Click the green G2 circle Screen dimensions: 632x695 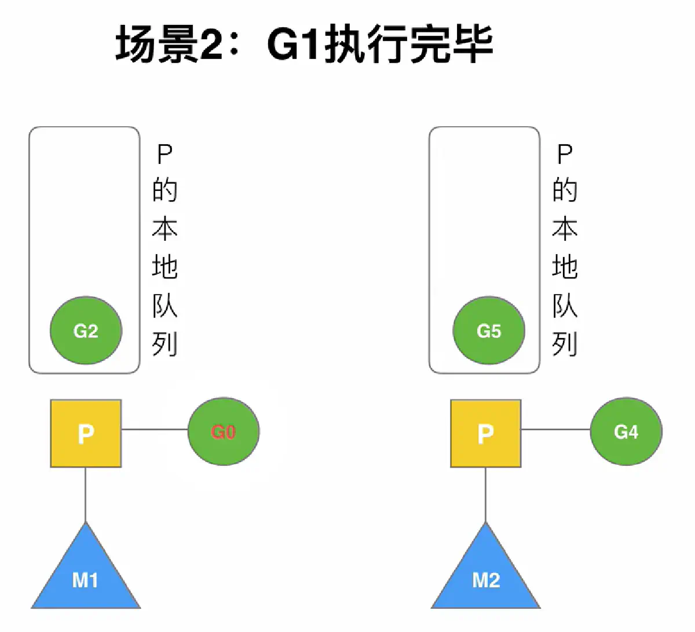(x=86, y=330)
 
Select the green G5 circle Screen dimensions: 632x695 (x=488, y=330)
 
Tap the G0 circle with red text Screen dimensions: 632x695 (x=224, y=431)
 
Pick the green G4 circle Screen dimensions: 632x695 (x=625, y=431)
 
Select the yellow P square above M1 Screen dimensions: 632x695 (x=86, y=433)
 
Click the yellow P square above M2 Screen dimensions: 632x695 (x=486, y=433)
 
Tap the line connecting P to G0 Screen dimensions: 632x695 (x=155, y=429)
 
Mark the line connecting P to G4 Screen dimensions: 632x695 (x=555, y=429)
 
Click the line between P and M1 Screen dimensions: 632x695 (x=86, y=495)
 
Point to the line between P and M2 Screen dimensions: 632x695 (x=486, y=495)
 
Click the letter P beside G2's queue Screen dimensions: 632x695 (x=164, y=155)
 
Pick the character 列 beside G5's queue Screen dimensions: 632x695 (x=565, y=344)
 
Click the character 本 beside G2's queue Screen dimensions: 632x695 (x=164, y=230)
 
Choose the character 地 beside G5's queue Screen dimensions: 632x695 (x=565, y=267)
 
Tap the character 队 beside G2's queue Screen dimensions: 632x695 (x=164, y=306)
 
